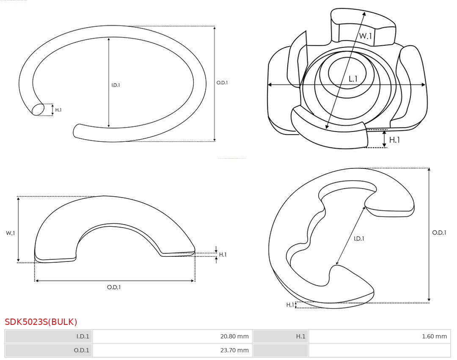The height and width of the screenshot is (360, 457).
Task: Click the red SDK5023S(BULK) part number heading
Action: point(41,322)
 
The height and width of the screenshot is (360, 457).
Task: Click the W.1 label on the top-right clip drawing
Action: point(366,36)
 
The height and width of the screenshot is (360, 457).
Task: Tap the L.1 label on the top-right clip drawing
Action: point(353,79)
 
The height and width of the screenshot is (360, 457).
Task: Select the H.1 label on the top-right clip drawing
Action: point(394,140)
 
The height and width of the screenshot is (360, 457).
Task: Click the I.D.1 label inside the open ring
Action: point(116,85)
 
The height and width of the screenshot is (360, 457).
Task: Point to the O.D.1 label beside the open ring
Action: point(222,83)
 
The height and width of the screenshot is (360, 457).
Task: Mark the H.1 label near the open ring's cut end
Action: point(58,110)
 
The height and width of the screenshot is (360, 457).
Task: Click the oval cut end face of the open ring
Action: point(38,110)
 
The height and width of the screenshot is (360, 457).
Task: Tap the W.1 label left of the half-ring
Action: point(10,233)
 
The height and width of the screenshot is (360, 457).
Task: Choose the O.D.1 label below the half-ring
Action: point(114,287)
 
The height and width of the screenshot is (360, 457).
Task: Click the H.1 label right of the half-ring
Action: point(223,255)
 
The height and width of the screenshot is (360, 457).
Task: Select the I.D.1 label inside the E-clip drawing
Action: point(359,239)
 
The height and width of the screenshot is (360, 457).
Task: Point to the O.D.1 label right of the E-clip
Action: point(439,232)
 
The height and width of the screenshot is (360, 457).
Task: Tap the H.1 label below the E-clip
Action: point(290,305)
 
